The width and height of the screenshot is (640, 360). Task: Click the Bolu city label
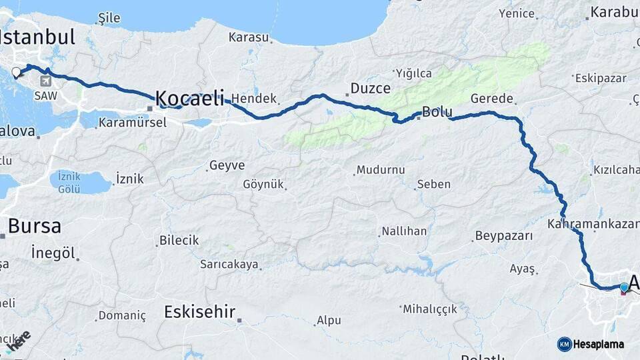tap(438, 111)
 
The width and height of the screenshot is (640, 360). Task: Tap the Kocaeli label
tap(189, 99)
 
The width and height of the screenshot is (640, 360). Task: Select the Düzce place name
tap(371, 89)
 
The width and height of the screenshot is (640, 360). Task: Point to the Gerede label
tap(492, 99)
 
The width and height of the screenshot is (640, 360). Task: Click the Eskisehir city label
tap(200, 311)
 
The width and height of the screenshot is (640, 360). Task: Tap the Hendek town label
tap(254, 99)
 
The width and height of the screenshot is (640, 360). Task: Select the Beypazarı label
tap(504, 236)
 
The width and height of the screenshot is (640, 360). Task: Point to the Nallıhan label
tap(404, 232)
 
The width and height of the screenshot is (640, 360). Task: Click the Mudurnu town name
tap(381, 170)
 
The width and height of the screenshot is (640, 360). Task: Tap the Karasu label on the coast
tap(248, 37)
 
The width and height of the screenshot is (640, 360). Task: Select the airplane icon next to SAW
tap(45, 81)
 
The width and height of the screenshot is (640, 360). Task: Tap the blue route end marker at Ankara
tap(624, 287)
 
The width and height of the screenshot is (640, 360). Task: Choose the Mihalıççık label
tap(431, 309)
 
